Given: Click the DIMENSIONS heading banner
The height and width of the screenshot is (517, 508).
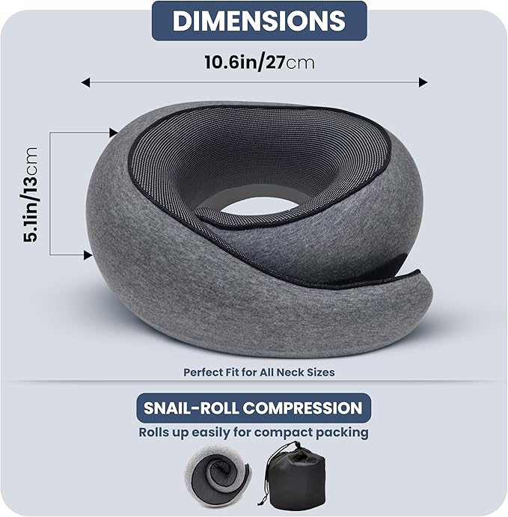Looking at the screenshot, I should (259, 21).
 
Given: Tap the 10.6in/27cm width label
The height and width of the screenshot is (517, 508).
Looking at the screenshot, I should (259, 61).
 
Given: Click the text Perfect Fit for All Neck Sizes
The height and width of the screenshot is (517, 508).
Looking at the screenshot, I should (258, 371).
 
